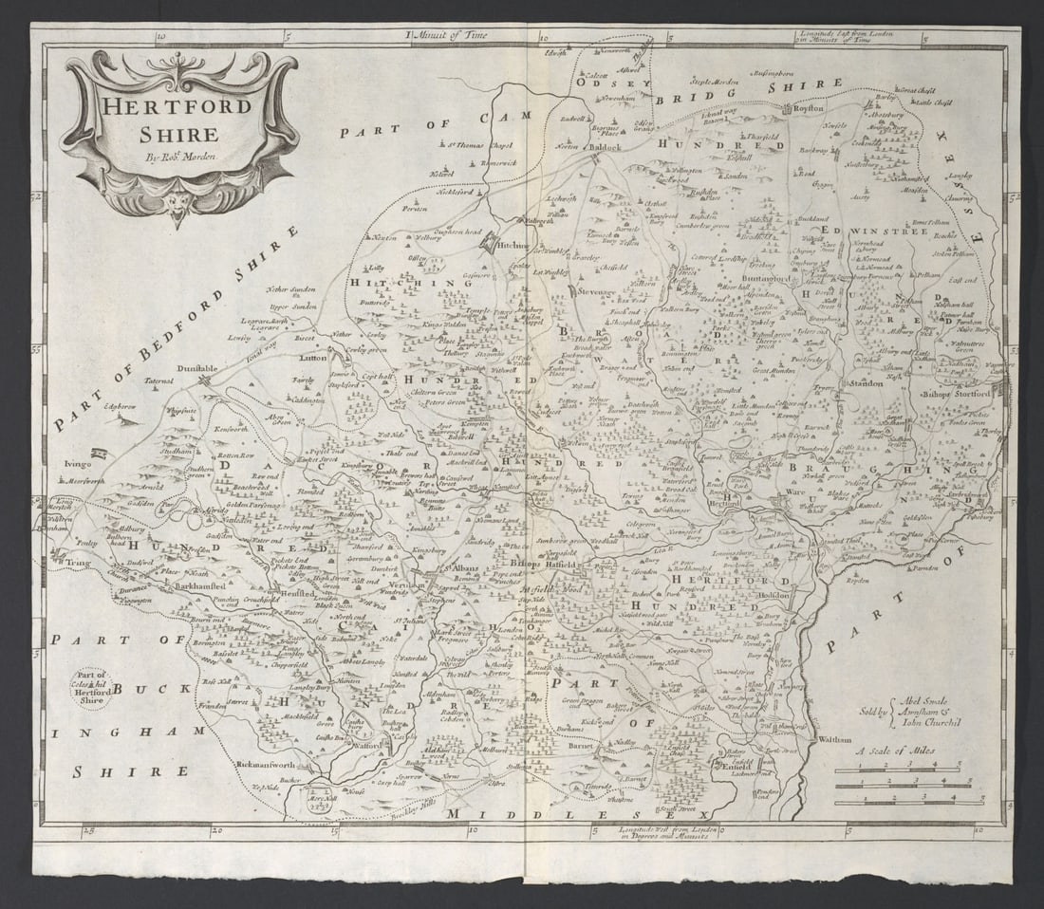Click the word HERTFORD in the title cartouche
coord(177,105)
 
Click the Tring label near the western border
coord(77,565)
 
